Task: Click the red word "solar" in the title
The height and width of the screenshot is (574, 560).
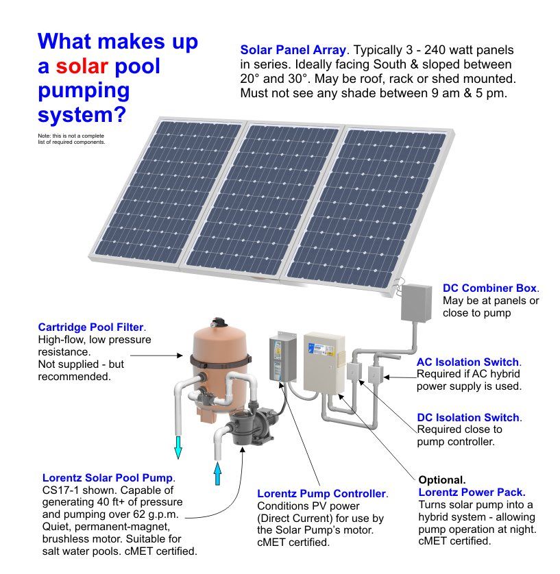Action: click(x=82, y=66)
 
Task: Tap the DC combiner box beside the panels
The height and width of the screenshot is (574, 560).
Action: click(x=417, y=302)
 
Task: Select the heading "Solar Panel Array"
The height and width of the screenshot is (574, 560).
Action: click(x=293, y=50)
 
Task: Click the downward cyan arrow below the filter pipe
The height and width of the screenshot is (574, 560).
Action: click(x=178, y=447)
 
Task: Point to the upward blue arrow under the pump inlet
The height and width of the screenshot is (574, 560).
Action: click(x=217, y=473)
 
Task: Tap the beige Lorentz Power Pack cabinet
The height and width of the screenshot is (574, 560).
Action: click(x=324, y=362)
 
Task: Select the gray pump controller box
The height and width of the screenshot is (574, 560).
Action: click(x=282, y=357)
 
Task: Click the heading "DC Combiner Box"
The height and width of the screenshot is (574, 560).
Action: click(x=489, y=288)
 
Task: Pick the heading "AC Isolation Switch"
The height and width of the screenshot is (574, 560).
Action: click(x=467, y=362)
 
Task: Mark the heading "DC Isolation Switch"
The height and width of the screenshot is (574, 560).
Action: click(x=468, y=417)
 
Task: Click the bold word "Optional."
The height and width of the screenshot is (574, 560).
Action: click(x=442, y=480)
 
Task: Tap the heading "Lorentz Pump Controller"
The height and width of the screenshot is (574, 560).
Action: click(x=321, y=493)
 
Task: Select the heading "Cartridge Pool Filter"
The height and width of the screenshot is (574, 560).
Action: click(x=91, y=327)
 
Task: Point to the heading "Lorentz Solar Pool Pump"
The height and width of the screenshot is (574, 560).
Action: click(x=108, y=477)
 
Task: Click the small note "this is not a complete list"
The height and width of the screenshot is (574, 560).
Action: click(x=71, y=139)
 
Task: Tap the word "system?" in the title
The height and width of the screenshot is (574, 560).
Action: click(x=82, y=114)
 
